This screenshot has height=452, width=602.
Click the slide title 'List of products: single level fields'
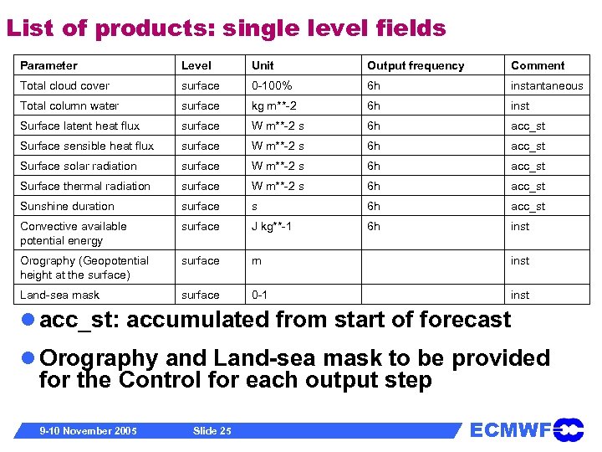226,28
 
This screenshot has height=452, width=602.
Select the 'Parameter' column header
48,65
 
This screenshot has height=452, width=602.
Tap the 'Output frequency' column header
416,65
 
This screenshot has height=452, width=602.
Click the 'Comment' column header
538,65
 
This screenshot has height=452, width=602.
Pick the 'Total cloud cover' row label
64,85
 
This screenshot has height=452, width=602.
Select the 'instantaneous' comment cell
547,85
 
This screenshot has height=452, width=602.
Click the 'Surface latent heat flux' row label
79,126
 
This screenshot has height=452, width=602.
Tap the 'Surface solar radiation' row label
78,166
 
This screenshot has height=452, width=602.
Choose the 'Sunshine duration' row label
67,206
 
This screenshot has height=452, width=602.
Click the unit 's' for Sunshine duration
254,206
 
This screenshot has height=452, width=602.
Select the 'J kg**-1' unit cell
272,226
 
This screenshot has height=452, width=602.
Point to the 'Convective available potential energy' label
73,233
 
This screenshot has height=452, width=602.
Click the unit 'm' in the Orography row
256,260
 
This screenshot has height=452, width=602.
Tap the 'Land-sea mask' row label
59,295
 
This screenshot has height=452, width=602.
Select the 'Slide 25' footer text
212,430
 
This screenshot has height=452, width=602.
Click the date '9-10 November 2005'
89,430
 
